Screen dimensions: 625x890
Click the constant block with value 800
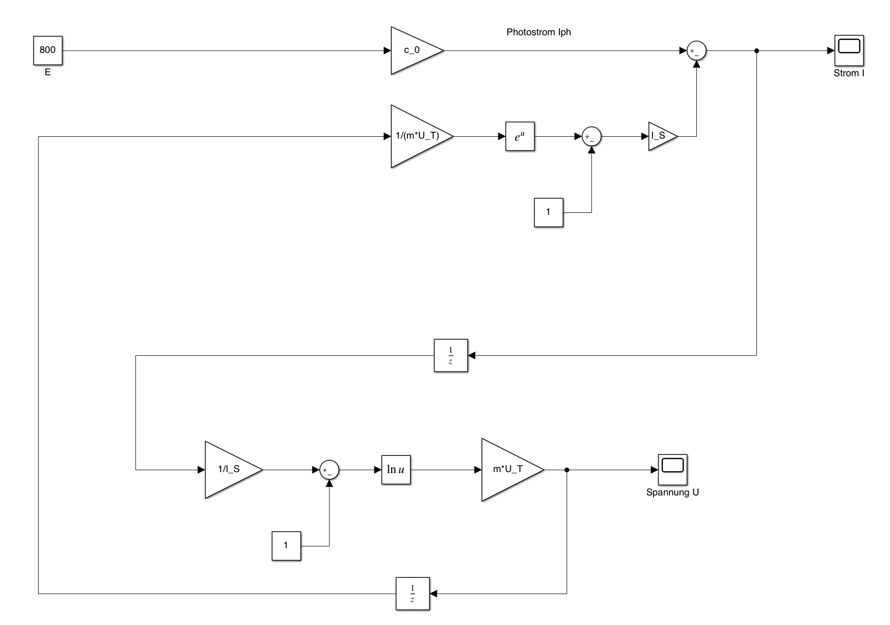click(x=48, y=50)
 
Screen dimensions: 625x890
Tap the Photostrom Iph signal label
click(x=538, y=32)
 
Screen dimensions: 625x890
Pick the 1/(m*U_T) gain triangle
click(x=417, y=136)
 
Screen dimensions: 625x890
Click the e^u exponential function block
click(x=520, y=136)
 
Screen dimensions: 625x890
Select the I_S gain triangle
click(x=661, y=136)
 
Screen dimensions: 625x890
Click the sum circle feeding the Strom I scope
click(x=696, y=51)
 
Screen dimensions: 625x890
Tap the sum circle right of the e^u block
click(x=591, y=137)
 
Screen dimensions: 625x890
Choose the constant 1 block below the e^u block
click(x=548, y=212)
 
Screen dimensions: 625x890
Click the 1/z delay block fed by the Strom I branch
click(x=451, y=355)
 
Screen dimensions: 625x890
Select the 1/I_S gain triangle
click(x=229, y=470)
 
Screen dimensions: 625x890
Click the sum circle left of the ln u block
click(x=329, y=470)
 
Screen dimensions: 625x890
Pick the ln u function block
click(x=396, y=470)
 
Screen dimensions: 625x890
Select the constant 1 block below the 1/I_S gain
click(x=286, y=546)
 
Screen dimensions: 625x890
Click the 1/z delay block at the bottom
click(x=413, y=594)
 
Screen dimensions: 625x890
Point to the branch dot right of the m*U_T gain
click(x=567, y=470)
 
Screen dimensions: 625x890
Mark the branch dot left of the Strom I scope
click(x=756, y=50)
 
